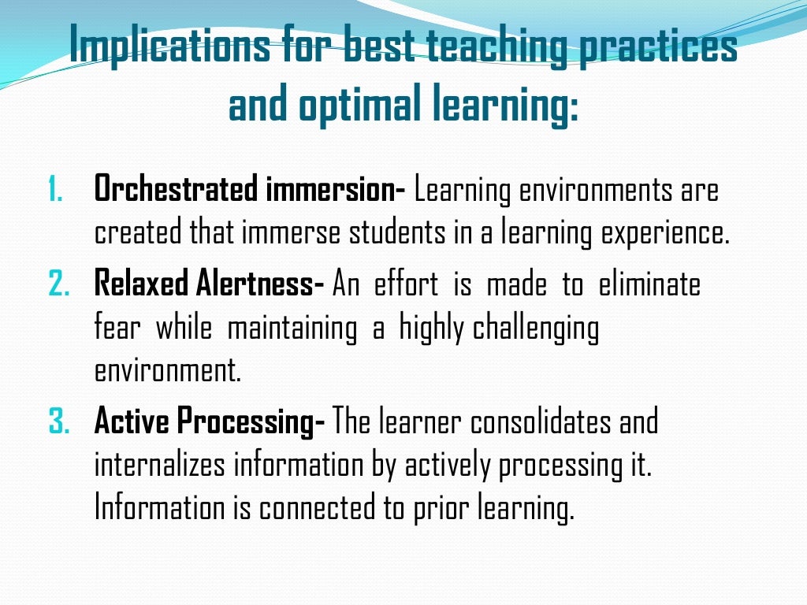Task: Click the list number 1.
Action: click(x=54, y=191)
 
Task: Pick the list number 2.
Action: click(x=59, y=284)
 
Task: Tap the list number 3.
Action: click(x=59, y=422)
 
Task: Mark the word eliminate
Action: click(x=649, y=284)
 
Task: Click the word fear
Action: click(x=117, y=328)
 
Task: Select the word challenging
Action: click(x=536, y=328)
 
